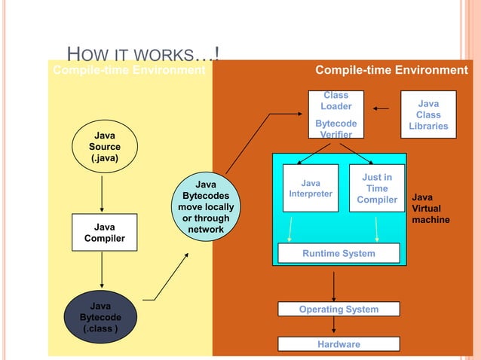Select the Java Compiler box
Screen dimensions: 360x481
[104, 233]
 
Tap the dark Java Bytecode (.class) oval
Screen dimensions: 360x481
[100, 317]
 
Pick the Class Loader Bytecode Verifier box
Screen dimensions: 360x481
[335, 114]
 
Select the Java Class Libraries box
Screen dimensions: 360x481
[428, 114]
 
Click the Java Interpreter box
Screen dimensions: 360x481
[310, 188]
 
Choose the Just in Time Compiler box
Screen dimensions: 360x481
[377, 188]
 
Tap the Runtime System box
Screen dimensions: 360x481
[339, 254]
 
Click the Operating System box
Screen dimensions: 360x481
[339, 309]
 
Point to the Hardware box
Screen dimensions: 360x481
[339, 344]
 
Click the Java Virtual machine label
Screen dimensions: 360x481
[430, 209]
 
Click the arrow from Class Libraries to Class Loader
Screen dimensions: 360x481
[381, 108]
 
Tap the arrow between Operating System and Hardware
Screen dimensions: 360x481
[334, 326]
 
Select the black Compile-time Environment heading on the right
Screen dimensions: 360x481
[391, 70]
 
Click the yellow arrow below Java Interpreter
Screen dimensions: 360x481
[291, 228]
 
